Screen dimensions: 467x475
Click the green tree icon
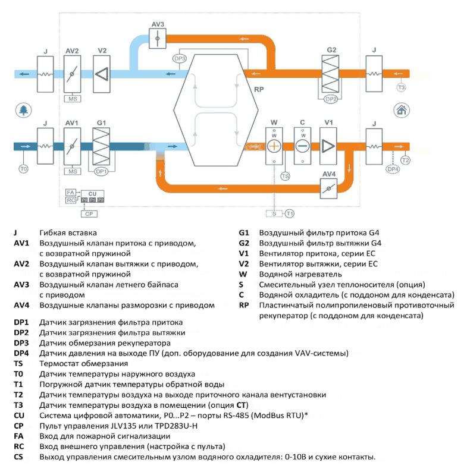23,110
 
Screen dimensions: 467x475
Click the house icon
402,110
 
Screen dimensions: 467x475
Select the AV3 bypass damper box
158,39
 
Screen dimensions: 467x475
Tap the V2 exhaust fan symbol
102,74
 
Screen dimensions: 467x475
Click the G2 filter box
330,74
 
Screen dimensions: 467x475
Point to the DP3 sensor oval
180,59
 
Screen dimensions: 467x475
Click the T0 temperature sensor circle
23,169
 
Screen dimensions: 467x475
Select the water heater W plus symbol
274,146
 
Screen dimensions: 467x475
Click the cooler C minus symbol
302,146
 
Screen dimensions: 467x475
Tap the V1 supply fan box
328,146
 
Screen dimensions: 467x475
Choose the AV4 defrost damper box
329,188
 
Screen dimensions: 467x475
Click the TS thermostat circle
285,177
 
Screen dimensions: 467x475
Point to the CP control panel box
89,214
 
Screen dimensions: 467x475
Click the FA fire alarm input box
71,193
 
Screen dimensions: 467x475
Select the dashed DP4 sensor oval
393,169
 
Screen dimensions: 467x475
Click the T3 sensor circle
401,87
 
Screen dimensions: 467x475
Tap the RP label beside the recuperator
259,89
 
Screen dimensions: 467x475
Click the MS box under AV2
73,99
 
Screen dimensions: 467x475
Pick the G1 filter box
101,146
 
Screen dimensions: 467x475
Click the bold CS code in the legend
18,457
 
